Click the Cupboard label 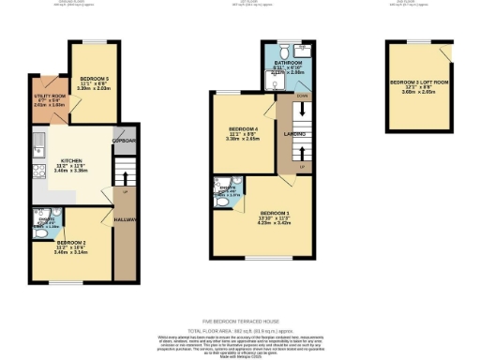point(124,142)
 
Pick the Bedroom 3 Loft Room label point(413,82)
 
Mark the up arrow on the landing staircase point(300,167)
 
